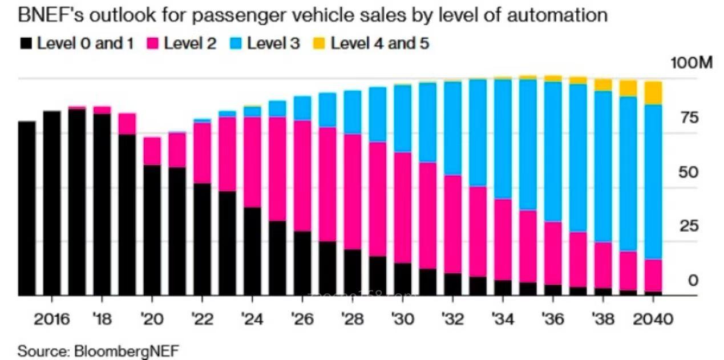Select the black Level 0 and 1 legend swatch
coord(26,43)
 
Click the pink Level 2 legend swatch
coord(153,43)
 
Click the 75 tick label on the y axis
coord(689,118)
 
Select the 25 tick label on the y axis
coord(689,226)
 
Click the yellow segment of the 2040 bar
coord(653,92)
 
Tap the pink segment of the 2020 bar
coord(152,151)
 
